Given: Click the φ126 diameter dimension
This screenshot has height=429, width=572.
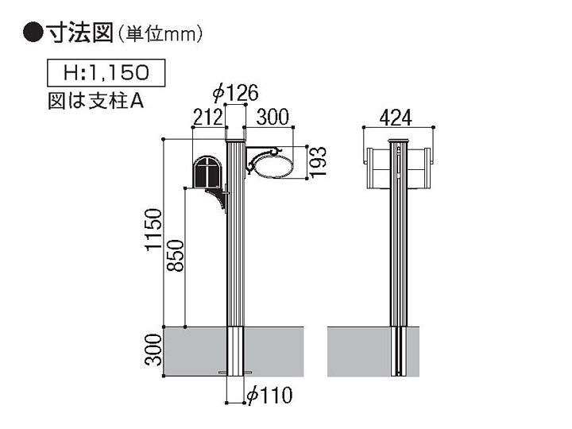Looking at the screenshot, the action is pyautogui.click(x=236, y=93).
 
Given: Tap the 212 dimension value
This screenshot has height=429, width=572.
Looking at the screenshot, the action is pyautogui.click(x=207, y=118).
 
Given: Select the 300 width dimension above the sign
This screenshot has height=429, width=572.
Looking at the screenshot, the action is pyautogui.click(x=272, y=117).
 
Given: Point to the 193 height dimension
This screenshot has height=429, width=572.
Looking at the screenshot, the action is pyautogui.click(x=317, y=161).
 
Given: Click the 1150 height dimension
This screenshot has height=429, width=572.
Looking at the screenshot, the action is pyautogui.click(x=153, y=229).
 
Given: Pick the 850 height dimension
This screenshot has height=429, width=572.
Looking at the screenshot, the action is pyautogui.click(x=175, y=255).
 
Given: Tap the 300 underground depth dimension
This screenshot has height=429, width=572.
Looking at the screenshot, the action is pyautogui.click(x=153, y=350).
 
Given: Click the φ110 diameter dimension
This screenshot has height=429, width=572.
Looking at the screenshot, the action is pyautogui.click(x=269, y=395).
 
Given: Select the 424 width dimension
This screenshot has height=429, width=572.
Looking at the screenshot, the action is pyautogui.click(x=396, y=118).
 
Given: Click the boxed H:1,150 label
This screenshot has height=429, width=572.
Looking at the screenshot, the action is pyautogui.click(x=106, y=72).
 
